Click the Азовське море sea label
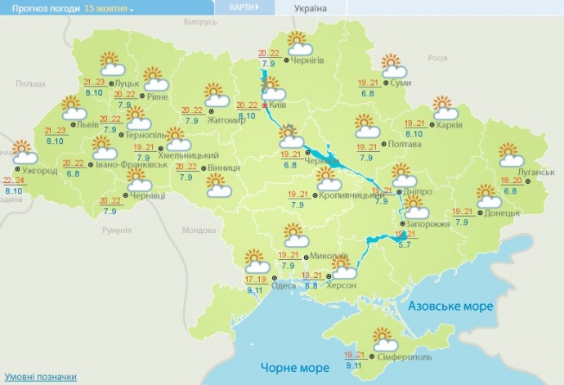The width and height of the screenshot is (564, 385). [x=450, y=306]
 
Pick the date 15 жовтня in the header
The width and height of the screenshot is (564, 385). [x=102, y=7]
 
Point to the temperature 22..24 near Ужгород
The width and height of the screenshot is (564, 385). [x=13, y=180]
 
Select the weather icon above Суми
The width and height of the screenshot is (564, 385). [x=392, y=65]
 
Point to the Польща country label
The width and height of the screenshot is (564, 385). [x=31, y=83]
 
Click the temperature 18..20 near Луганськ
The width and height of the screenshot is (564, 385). [x=512, y=181]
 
